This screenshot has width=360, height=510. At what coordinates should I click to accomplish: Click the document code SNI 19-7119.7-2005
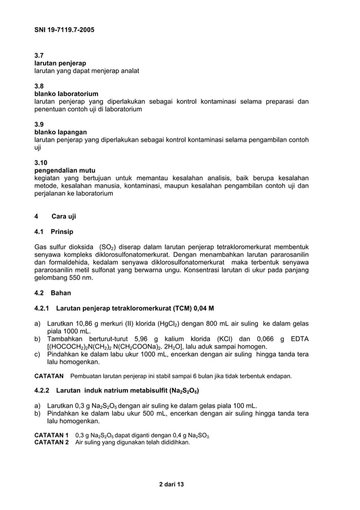(63, 29)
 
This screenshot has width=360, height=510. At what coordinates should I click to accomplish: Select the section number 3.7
(39, 55)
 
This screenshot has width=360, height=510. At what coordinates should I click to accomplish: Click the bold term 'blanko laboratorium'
(66, 94)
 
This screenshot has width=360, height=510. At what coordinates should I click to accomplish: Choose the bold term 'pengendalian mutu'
(64, 170)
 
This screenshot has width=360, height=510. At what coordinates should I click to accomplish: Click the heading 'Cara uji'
(63, 216)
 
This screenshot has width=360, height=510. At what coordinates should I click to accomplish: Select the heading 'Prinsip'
(62, 232)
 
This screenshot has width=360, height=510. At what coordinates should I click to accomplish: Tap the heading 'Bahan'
(60, 293)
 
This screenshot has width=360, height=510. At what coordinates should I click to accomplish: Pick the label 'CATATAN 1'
(51, 435)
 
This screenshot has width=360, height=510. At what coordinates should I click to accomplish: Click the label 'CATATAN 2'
(51, 442)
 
